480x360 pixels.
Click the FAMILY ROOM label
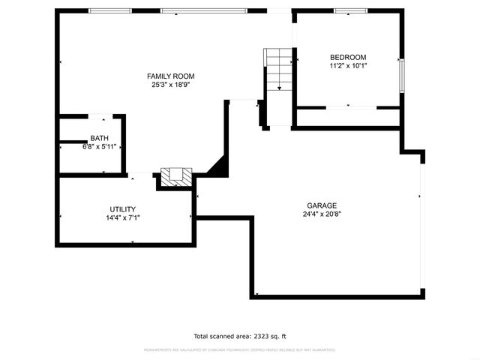tap(170, 76)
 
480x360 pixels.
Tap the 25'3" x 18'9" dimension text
tap(170, 85)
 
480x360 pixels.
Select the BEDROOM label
tap(348, 57)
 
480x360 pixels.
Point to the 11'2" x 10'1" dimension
tap(348, 66)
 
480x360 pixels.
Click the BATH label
tap(98, 138)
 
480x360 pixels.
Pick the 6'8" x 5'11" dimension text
tap(98, 147)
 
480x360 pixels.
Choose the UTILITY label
tap(122, 209)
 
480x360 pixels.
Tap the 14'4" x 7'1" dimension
tap(122, 218)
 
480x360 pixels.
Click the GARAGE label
tap(321, 205)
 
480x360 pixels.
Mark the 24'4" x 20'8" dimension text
tap(321, 214)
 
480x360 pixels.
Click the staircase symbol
tap(279, 69)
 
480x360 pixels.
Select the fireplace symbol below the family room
tap(175, 177)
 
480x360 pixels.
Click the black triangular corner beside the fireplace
tap(219, 168)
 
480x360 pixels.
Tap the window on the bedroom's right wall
tap(402, 73)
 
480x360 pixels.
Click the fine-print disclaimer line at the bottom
tap(240, 350)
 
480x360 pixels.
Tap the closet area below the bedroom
tap(348, 117)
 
